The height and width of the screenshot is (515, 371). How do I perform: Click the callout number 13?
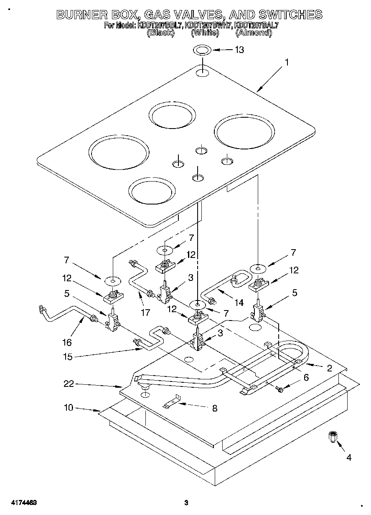[x=239, y=50]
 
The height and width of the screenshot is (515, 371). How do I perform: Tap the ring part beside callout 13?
[x=202, y=50]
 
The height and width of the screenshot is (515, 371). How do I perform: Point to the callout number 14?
[x=239, y=303]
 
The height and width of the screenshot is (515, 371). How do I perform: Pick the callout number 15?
[x=68, y=357]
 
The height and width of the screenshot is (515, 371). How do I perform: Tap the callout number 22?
[x=69, y=384]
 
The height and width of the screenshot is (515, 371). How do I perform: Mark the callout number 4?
[x=348, y=457]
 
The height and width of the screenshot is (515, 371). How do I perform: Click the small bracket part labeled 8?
[x=171, y=402]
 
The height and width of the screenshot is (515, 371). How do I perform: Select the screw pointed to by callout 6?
[x=280, y=389]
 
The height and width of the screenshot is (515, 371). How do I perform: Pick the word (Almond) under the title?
[x=254, y=32]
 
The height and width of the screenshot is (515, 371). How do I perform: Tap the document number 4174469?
[x=22, y=503]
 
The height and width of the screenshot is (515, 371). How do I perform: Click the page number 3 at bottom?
[x=186, y=503]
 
